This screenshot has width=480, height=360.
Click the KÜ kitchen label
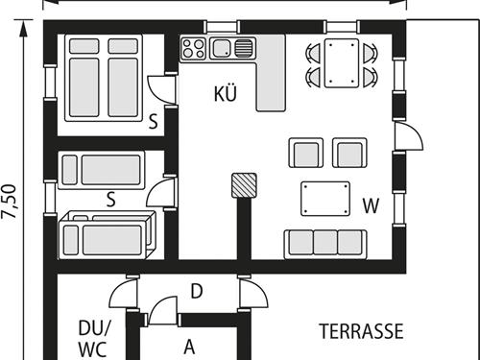tap(226, 94)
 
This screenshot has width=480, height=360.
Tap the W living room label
tap(372, 204)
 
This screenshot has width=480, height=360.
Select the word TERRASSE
tap(360, 332)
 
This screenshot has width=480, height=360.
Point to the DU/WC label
tap(92, 336)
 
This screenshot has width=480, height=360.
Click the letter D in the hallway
tap(196, 292)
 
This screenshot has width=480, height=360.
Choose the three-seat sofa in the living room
tap(324, 243)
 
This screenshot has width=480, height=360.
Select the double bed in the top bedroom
tap(104, 77)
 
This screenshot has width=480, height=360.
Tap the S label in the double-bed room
tap(153, 122)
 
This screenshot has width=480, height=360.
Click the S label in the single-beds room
tap(110, 200)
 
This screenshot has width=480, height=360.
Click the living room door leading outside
tap(407, 136)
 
